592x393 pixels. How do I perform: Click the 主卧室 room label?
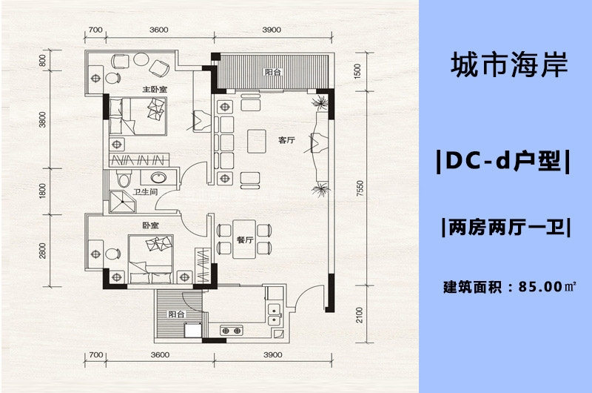click(155, 90)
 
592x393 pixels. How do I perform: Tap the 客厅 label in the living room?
click(286, 140)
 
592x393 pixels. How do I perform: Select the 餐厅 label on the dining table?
click(244, 240)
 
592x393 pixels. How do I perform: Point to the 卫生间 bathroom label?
click(145, 192)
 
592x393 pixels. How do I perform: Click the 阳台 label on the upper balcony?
click(272, 72)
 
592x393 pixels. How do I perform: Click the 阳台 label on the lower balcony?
click(176, 314)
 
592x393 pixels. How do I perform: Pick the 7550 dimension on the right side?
click(360, 188)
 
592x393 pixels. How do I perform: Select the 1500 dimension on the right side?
click(357, 71)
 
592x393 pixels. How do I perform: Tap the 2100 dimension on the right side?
click(359, 314)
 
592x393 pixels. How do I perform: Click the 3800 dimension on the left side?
click(43, 119)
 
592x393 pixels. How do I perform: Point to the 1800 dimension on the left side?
click(43, 191)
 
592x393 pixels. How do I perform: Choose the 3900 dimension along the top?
click(272, 30)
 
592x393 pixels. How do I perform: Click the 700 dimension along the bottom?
click(96, 354)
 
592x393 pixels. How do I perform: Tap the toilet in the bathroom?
click(124, 178)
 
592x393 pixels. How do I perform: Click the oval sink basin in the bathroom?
click(158, 177)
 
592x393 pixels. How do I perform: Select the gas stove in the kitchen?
click(232, 331)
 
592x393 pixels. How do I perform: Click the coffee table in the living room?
click(257, 141)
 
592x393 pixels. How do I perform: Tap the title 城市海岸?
click(509, 65)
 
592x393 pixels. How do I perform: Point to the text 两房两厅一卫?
click(506, 228)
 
